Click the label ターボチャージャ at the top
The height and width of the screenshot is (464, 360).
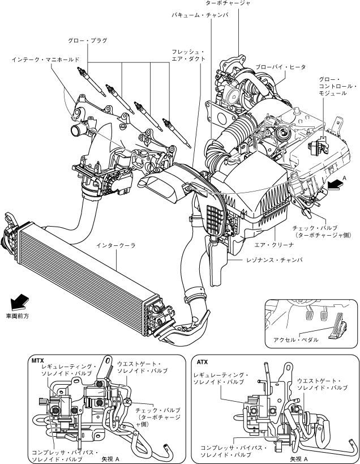(x=228, y=3)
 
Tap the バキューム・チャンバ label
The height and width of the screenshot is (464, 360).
(x=200, y=15)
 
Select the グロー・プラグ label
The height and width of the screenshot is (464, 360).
(x=88, y=41)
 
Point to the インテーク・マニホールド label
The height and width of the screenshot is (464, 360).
(x=46, y=60)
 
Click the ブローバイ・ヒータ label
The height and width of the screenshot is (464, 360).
(x=281, y=67)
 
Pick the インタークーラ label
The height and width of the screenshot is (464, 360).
(x=116, y=245)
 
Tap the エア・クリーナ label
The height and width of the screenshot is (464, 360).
(x=275, y=245)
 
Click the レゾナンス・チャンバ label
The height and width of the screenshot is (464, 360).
(x=275, y=260)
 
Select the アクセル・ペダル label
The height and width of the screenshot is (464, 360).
(x=296, y=340)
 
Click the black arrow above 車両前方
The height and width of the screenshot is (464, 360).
(x=19, y=302)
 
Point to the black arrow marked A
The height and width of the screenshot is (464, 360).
(x=336, y=185)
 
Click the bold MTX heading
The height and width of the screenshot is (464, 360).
(x=37, y=361)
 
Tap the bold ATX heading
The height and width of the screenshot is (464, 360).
(x=202, y=362)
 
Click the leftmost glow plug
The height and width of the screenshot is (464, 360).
(x=91, y=82)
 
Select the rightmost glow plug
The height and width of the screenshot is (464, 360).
(x=177, y=133)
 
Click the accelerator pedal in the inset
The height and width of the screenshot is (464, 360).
(x=338, y=326)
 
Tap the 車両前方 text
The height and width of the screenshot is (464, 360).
(x=18, y=316)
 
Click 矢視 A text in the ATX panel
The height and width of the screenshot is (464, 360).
(x=299, y=459)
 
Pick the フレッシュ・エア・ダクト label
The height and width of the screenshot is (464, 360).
(x=188, y=55)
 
